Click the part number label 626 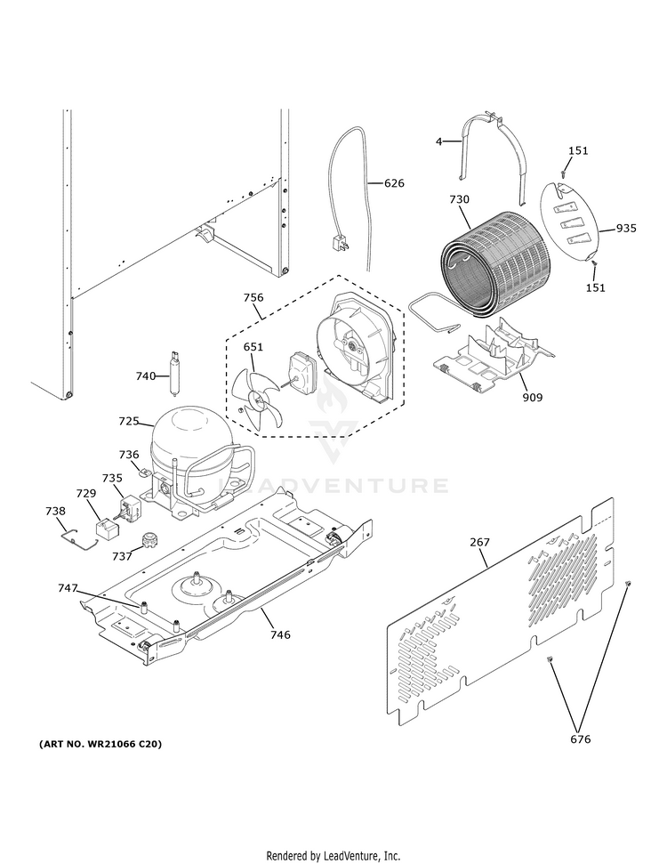pyautogui.click(x=394, y=183)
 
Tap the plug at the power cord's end pyautogui.click(x=339, y=240)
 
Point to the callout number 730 pyautogui.click(x=459, y=200)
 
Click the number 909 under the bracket pyautogui.click(x=532, y=398)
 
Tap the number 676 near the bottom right pyautogui.click(x=580, y=739)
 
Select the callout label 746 pyautogui.click(x=280, y=634)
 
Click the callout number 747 pyautogui.click(x=68, y=589)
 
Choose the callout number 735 pyautogui.click(x=112, y=478)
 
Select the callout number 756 pyautogui.click(x=254, y=298)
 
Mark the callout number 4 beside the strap pyautogui.click(x=438, y=141)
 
